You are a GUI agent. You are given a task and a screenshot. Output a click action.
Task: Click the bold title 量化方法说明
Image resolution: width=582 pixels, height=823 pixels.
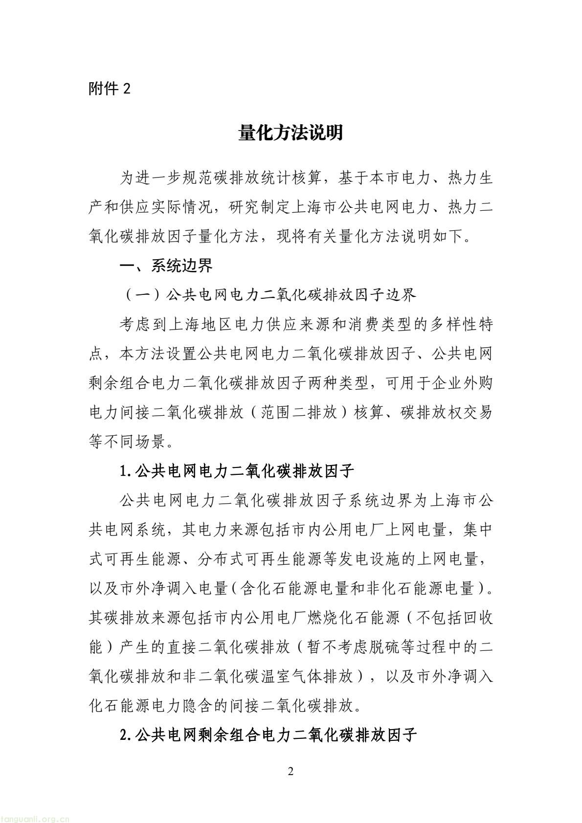point(291,133)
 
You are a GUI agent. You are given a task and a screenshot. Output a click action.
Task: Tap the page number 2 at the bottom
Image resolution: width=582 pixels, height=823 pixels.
point(291,772)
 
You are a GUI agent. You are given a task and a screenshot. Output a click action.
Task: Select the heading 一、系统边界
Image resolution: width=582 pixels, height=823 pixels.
point(166,266)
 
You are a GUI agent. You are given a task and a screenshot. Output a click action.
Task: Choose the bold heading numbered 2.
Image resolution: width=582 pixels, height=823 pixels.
point(268,734)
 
